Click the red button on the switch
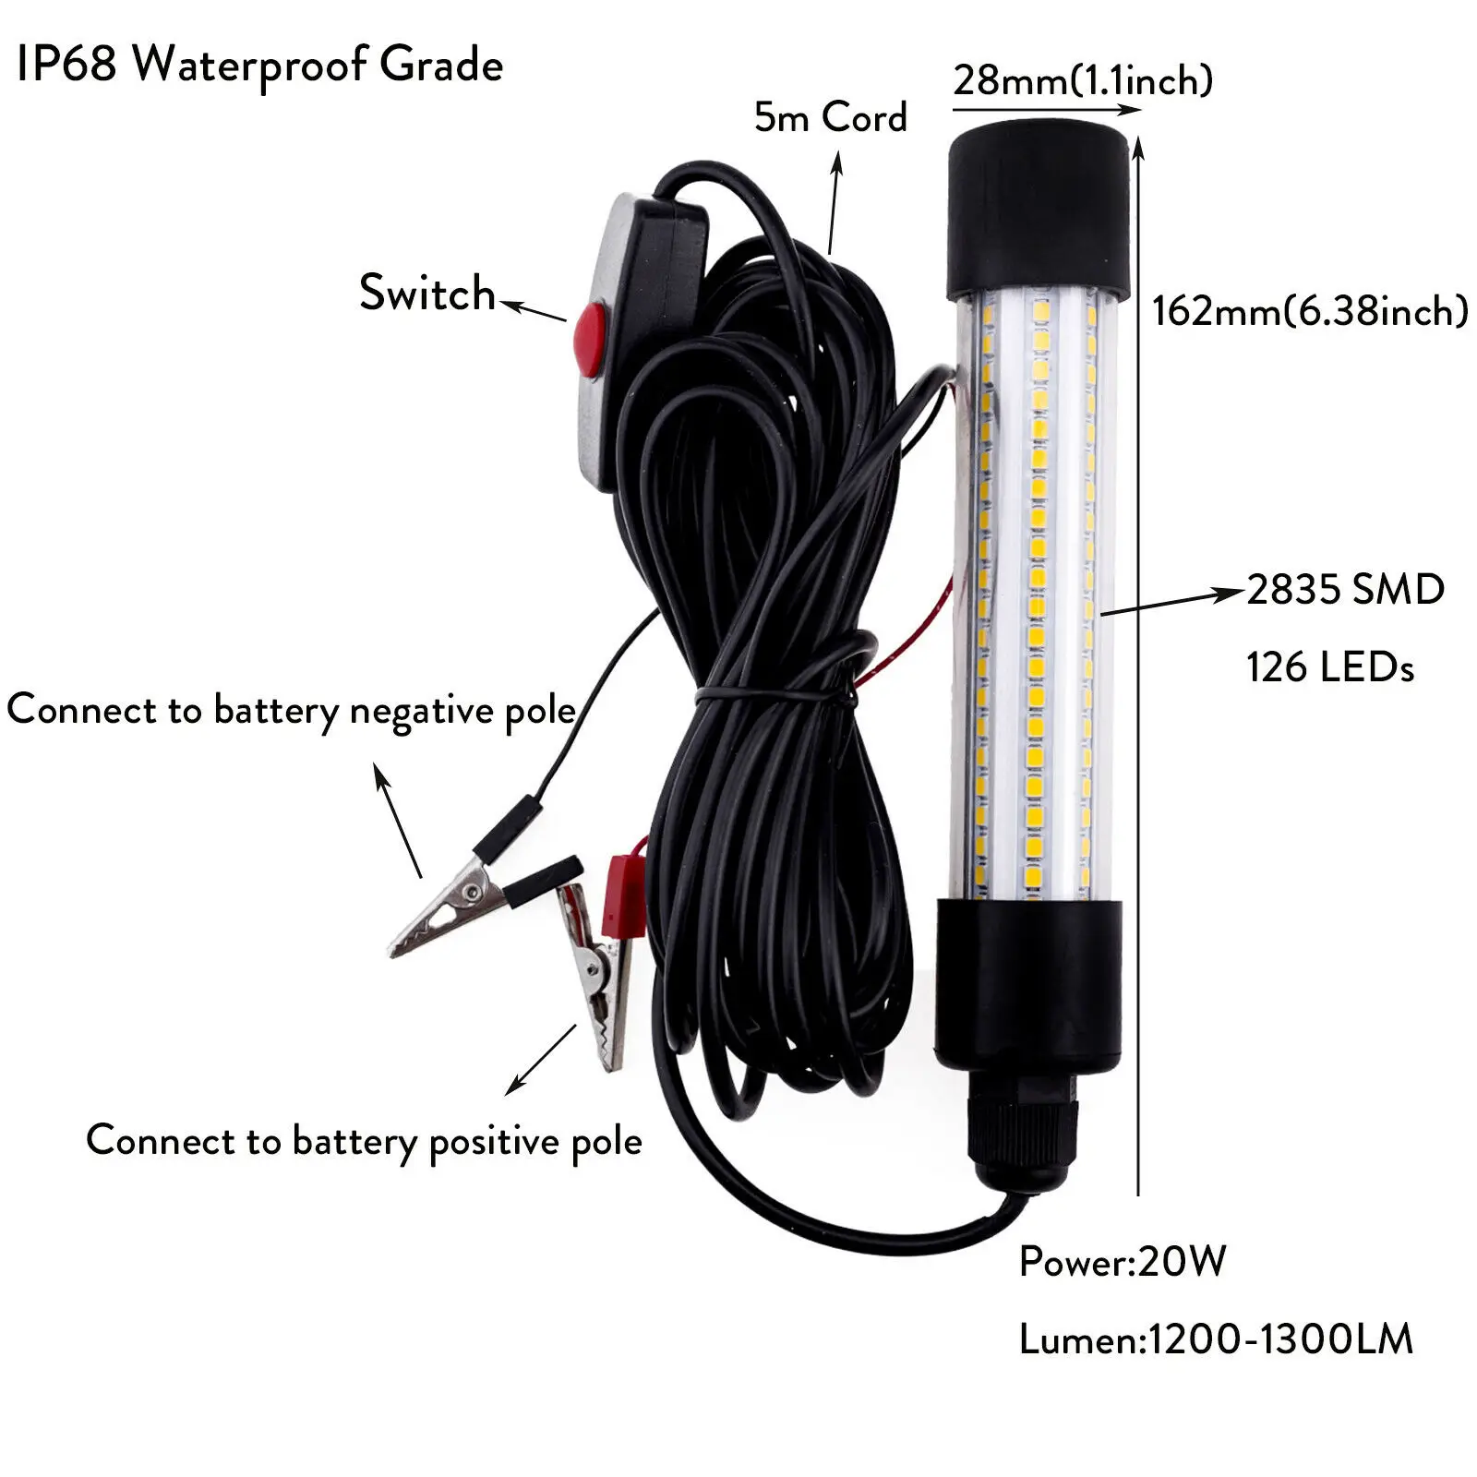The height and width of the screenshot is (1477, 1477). (x=589, y=339)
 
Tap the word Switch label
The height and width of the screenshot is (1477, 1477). (x=426, y=294)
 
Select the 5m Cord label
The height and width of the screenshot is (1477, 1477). (x=830, y=117)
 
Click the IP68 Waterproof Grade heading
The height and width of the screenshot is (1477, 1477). (x=259, y=65)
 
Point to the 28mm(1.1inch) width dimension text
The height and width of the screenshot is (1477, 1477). (x=1082, y=80)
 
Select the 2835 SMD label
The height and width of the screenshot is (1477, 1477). (x=1345, y=589)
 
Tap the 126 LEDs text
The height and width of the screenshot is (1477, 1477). (x=1329, y=666)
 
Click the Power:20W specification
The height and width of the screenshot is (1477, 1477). (x=1122, y=1261)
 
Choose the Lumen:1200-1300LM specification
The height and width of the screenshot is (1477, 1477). (x=1215, y=1339)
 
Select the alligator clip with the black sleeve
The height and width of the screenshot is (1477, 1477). (x=452, y=900)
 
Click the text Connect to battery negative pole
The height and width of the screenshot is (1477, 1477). (x=291, y=710)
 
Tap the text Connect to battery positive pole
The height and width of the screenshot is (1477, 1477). (x=364, y=1141)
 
